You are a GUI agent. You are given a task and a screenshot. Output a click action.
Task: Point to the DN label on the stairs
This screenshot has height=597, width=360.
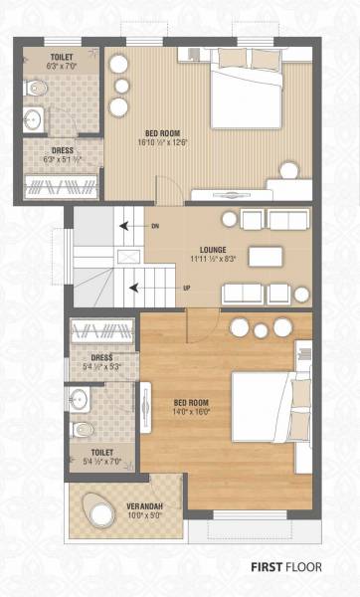(x=154, y=227)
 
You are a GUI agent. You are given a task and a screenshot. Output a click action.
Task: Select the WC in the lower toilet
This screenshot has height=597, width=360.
(x=84, y=430)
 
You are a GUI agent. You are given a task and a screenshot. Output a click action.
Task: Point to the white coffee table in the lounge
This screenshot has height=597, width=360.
(x=265, y=256)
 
